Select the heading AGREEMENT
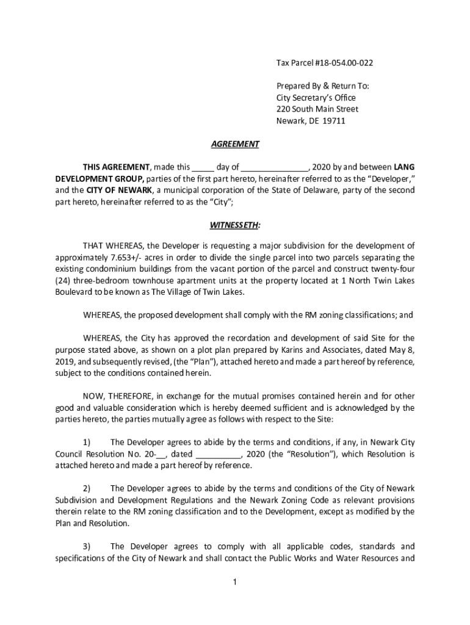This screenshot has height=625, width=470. click(235, 144)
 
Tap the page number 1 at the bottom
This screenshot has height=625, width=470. click(235, 582)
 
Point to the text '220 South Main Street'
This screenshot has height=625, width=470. click(317, 109)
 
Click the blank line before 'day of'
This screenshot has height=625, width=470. click(204, 167)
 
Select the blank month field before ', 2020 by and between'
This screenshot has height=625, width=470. click(278, 167)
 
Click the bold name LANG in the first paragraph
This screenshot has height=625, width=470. click(404, 167)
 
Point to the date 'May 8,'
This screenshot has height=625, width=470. click(402, 350)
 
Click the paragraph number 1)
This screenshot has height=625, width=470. click(87, 442)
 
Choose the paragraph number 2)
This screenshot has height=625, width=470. click(87, 488)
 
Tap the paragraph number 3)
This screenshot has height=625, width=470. click(87, 546)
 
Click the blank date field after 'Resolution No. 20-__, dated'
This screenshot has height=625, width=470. click(219, 454)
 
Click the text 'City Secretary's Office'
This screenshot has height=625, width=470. click(316, 98)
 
